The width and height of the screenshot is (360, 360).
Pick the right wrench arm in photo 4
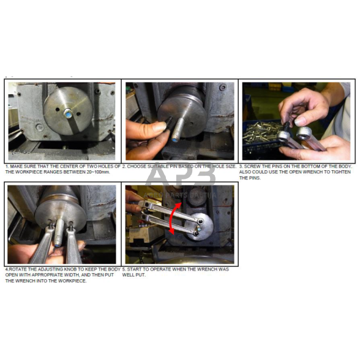pyautogui.click(x=74, y=245)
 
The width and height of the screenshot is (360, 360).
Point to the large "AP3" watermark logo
pyautogui.click(x=180, y=174)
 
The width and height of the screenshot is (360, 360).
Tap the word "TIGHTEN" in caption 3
pyautogui.click(x=341, y=172)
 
